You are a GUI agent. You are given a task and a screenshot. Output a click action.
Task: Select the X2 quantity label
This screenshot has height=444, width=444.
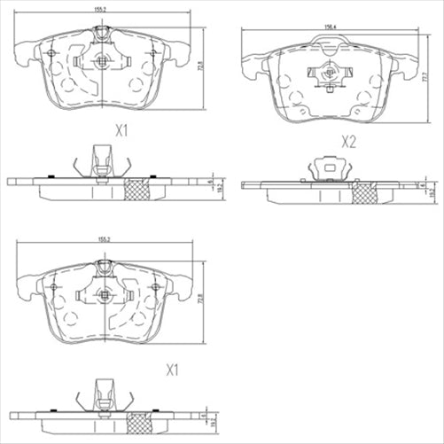[348, 141]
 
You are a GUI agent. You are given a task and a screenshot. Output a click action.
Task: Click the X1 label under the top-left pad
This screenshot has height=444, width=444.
[122, 130]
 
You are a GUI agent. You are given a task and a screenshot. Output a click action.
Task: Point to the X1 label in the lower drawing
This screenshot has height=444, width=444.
[173, 369]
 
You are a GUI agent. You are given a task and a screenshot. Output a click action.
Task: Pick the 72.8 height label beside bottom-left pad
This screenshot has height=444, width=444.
[204, 299]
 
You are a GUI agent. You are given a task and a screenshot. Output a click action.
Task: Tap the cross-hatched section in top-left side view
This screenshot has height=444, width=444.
[136, 189]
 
